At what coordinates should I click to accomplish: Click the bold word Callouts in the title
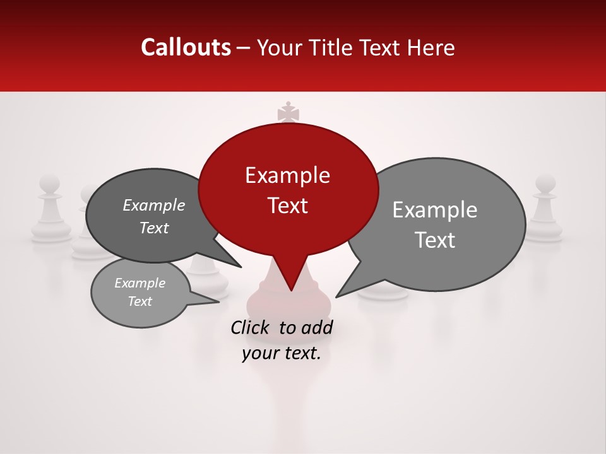point(186,47)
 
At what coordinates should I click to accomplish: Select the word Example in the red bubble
point(287,175)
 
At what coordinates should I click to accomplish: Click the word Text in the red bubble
point(287,206)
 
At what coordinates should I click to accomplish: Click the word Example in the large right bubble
point(435,210)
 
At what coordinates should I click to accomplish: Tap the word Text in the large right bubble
point(435,240)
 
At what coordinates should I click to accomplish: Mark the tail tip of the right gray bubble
point(337,296)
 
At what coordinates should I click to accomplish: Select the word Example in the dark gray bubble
point(154,205)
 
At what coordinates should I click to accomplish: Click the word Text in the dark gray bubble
point(154,228)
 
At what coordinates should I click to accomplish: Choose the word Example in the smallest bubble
point(140,283)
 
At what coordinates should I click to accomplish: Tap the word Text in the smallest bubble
point(140,301)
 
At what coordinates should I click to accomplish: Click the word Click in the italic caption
point(251,327)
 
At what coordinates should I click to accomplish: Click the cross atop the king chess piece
point(288,112)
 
